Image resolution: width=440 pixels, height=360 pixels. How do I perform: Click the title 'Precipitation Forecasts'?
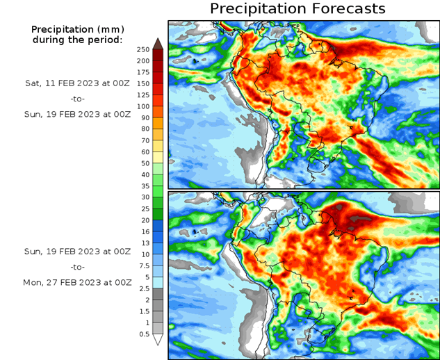pyautogui.click(x=297, y=9)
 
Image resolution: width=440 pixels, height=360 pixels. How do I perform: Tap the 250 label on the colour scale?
pyautogui.click(x=143, y=49)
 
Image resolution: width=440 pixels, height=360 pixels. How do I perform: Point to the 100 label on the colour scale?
pyautogui.click(x=143, y=106)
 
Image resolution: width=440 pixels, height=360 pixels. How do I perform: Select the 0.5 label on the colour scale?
pyautogui.click(x=143, y=334)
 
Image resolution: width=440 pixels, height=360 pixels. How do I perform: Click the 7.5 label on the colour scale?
pyautogui.click(x=143, y=265)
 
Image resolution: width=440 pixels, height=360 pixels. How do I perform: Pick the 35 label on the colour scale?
pyautogui.click(x=143, y=186)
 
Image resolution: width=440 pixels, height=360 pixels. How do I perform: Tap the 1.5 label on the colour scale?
pyautogui.click(x=143, y=311)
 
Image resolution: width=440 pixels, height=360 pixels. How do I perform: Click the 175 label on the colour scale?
pyautogui.click(x=143, y=72)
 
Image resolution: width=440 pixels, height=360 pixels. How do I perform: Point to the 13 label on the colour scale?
pyautogui.click(x=143, y=243)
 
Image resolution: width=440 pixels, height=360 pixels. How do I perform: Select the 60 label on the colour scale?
pyautogui.click(x=143, y=152)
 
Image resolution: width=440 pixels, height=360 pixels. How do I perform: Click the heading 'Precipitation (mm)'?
pyautogui.click(x=76, y=29)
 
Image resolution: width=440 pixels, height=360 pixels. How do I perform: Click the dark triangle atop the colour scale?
pyautogui.click(x=158, y=43)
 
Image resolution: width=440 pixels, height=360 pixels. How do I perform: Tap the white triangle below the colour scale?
pyautogui.click(x=158, y=341)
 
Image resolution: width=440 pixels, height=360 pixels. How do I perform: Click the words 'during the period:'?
pyautogui.click(x=76, y=40)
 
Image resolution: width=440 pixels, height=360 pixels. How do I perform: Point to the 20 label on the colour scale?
pyautogui.click(x=143, y=220)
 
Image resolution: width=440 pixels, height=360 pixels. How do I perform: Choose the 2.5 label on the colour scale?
pyautogui.click(x=143, y=288)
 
